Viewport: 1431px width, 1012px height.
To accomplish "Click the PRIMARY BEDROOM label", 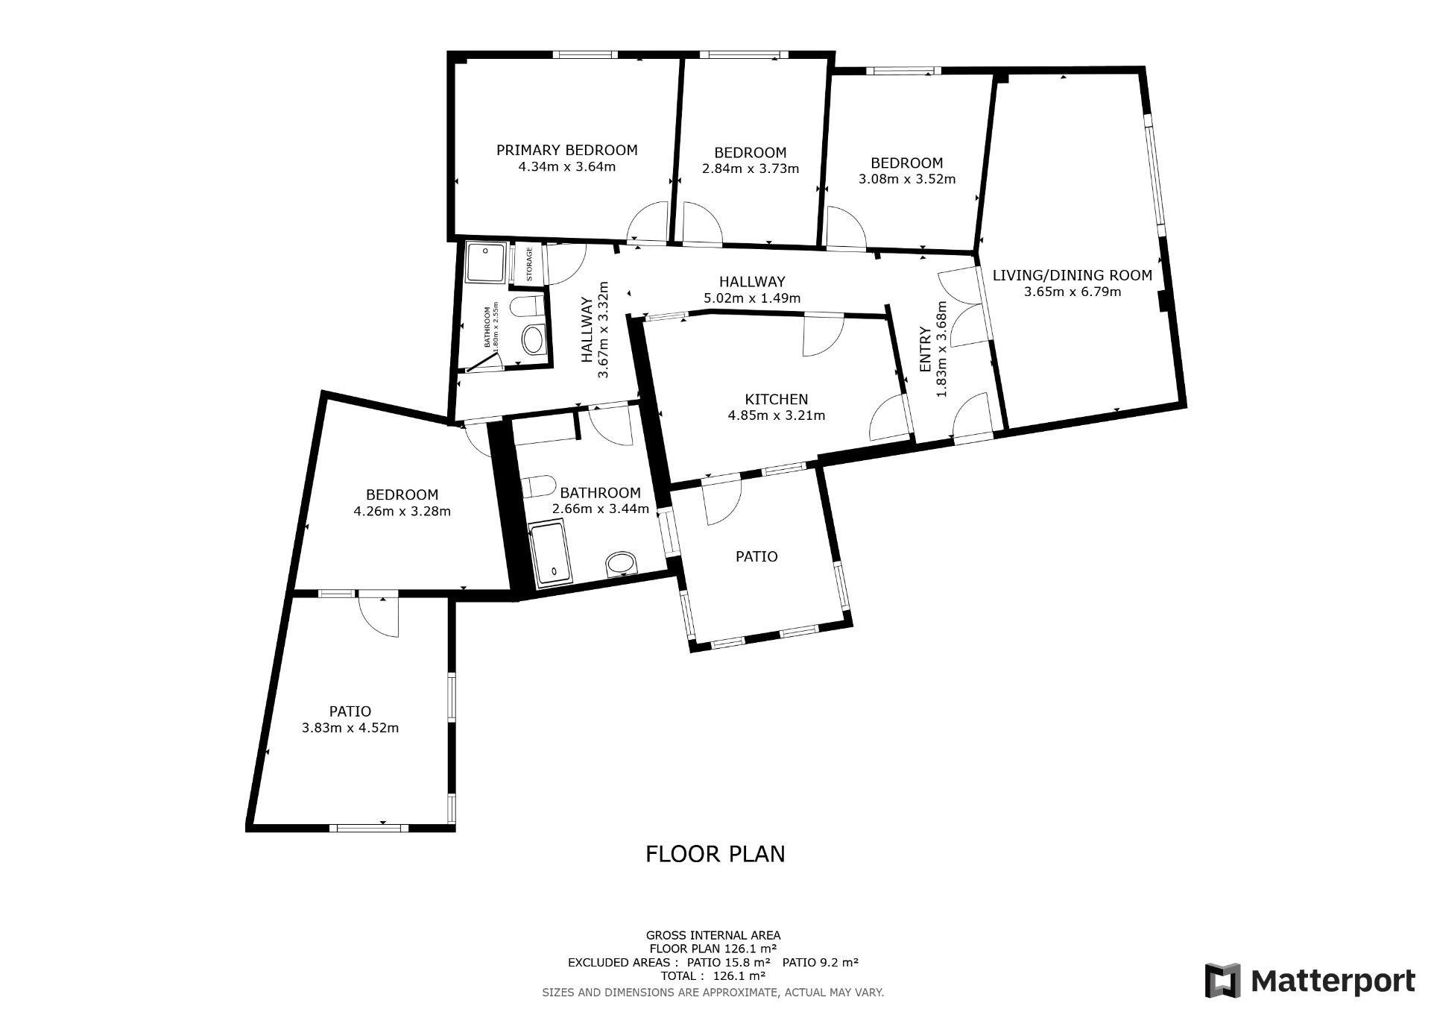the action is point(566,150).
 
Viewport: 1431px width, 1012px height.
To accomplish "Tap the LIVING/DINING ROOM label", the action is point(1073,275).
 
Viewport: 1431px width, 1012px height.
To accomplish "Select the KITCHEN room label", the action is point(776,400).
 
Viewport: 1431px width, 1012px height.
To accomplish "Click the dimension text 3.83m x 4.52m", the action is point(350,728).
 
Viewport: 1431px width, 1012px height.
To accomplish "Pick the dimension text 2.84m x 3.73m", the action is point(751,169).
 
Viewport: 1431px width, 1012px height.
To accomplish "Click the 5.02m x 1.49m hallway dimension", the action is point(752,298).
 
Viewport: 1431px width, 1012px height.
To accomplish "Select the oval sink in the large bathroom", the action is point(622,564).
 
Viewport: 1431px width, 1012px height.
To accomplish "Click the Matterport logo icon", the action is point(1223,981).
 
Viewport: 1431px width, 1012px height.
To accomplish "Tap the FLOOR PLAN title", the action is point(715,854).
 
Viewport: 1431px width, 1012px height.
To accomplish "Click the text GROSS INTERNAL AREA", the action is point(713,935).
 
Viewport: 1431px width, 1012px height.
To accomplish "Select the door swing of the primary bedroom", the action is point(647,222).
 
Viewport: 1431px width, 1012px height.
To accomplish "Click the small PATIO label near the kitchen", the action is point(756,556).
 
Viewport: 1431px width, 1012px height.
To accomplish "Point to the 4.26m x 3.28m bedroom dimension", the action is point(402,512).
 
